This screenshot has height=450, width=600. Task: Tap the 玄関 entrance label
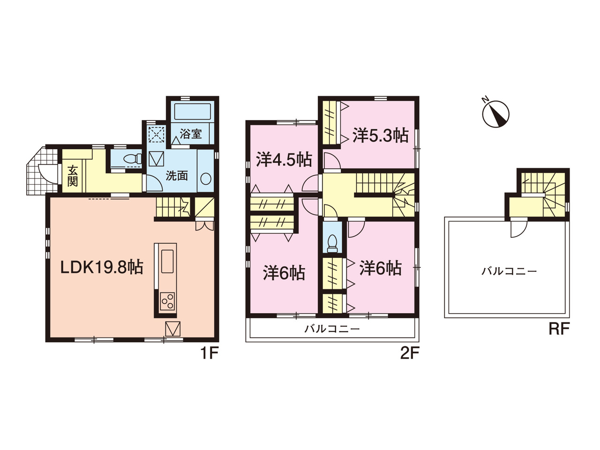[x=73, y=176]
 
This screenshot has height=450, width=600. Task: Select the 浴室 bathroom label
[x=190, y=134]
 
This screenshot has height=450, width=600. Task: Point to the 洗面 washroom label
[x=177, y=176]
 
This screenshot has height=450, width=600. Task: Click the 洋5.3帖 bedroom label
[x=380, y=135]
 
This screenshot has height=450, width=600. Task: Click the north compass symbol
[x=495, y=113]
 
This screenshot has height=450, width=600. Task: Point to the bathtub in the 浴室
[x=193, y=112]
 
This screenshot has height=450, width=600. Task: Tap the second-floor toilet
[x=332, y=243]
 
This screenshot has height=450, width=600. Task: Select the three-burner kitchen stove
[x=167, y=301]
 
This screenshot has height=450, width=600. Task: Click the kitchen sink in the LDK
[x=167, y=261]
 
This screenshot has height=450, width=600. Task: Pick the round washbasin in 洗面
[x=206, y=179]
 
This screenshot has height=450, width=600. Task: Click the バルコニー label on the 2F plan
[x=332, y=329]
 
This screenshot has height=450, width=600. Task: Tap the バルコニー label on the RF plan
[x=509, y=271]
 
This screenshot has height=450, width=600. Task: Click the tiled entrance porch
[x=43, y=171]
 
